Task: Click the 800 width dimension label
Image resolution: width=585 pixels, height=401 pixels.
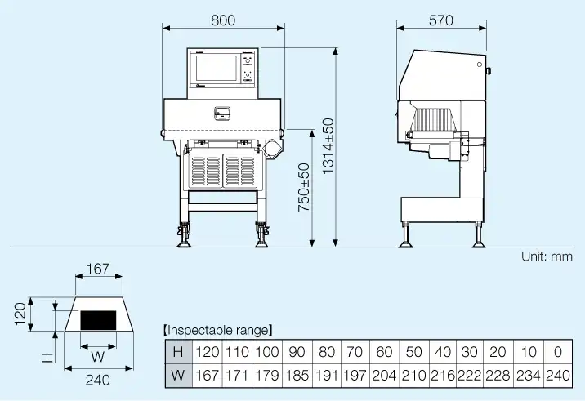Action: (x=223, y=21)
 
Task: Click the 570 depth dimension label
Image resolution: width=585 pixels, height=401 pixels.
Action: (x=440, y=21)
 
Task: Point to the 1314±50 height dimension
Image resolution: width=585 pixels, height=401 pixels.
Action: (x=328, y=146)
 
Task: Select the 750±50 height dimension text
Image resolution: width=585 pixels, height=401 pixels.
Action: (x=303, y=189)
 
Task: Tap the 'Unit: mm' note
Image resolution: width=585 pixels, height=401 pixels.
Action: (x=547, y=256)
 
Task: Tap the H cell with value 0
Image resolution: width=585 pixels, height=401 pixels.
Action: (x=557, y=352)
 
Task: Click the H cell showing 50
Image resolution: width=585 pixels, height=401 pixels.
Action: (x=413, y=352)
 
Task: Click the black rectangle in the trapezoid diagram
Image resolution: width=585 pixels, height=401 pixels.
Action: (x=98, y=319)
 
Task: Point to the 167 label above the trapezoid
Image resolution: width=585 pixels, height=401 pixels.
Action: (x=97, y=269)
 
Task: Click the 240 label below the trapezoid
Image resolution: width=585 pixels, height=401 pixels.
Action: (x=97, y=380)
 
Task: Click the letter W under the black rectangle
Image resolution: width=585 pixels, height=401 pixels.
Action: (x=97, y=356)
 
